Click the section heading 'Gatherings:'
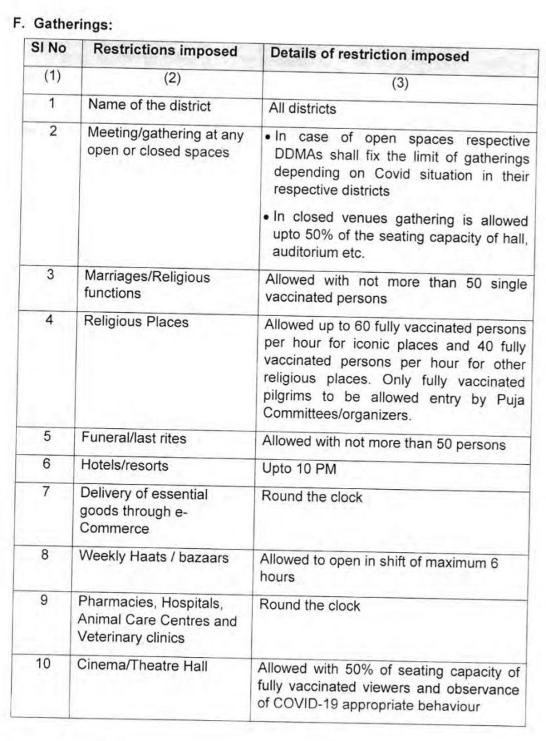65,25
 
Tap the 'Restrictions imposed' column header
165,50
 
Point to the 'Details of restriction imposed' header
369,56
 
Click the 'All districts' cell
303,109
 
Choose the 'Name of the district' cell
150,104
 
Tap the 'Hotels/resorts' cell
124,465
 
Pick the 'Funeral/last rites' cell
133,437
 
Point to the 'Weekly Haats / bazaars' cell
154,557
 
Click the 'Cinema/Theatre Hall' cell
142,666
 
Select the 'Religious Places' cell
136,321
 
